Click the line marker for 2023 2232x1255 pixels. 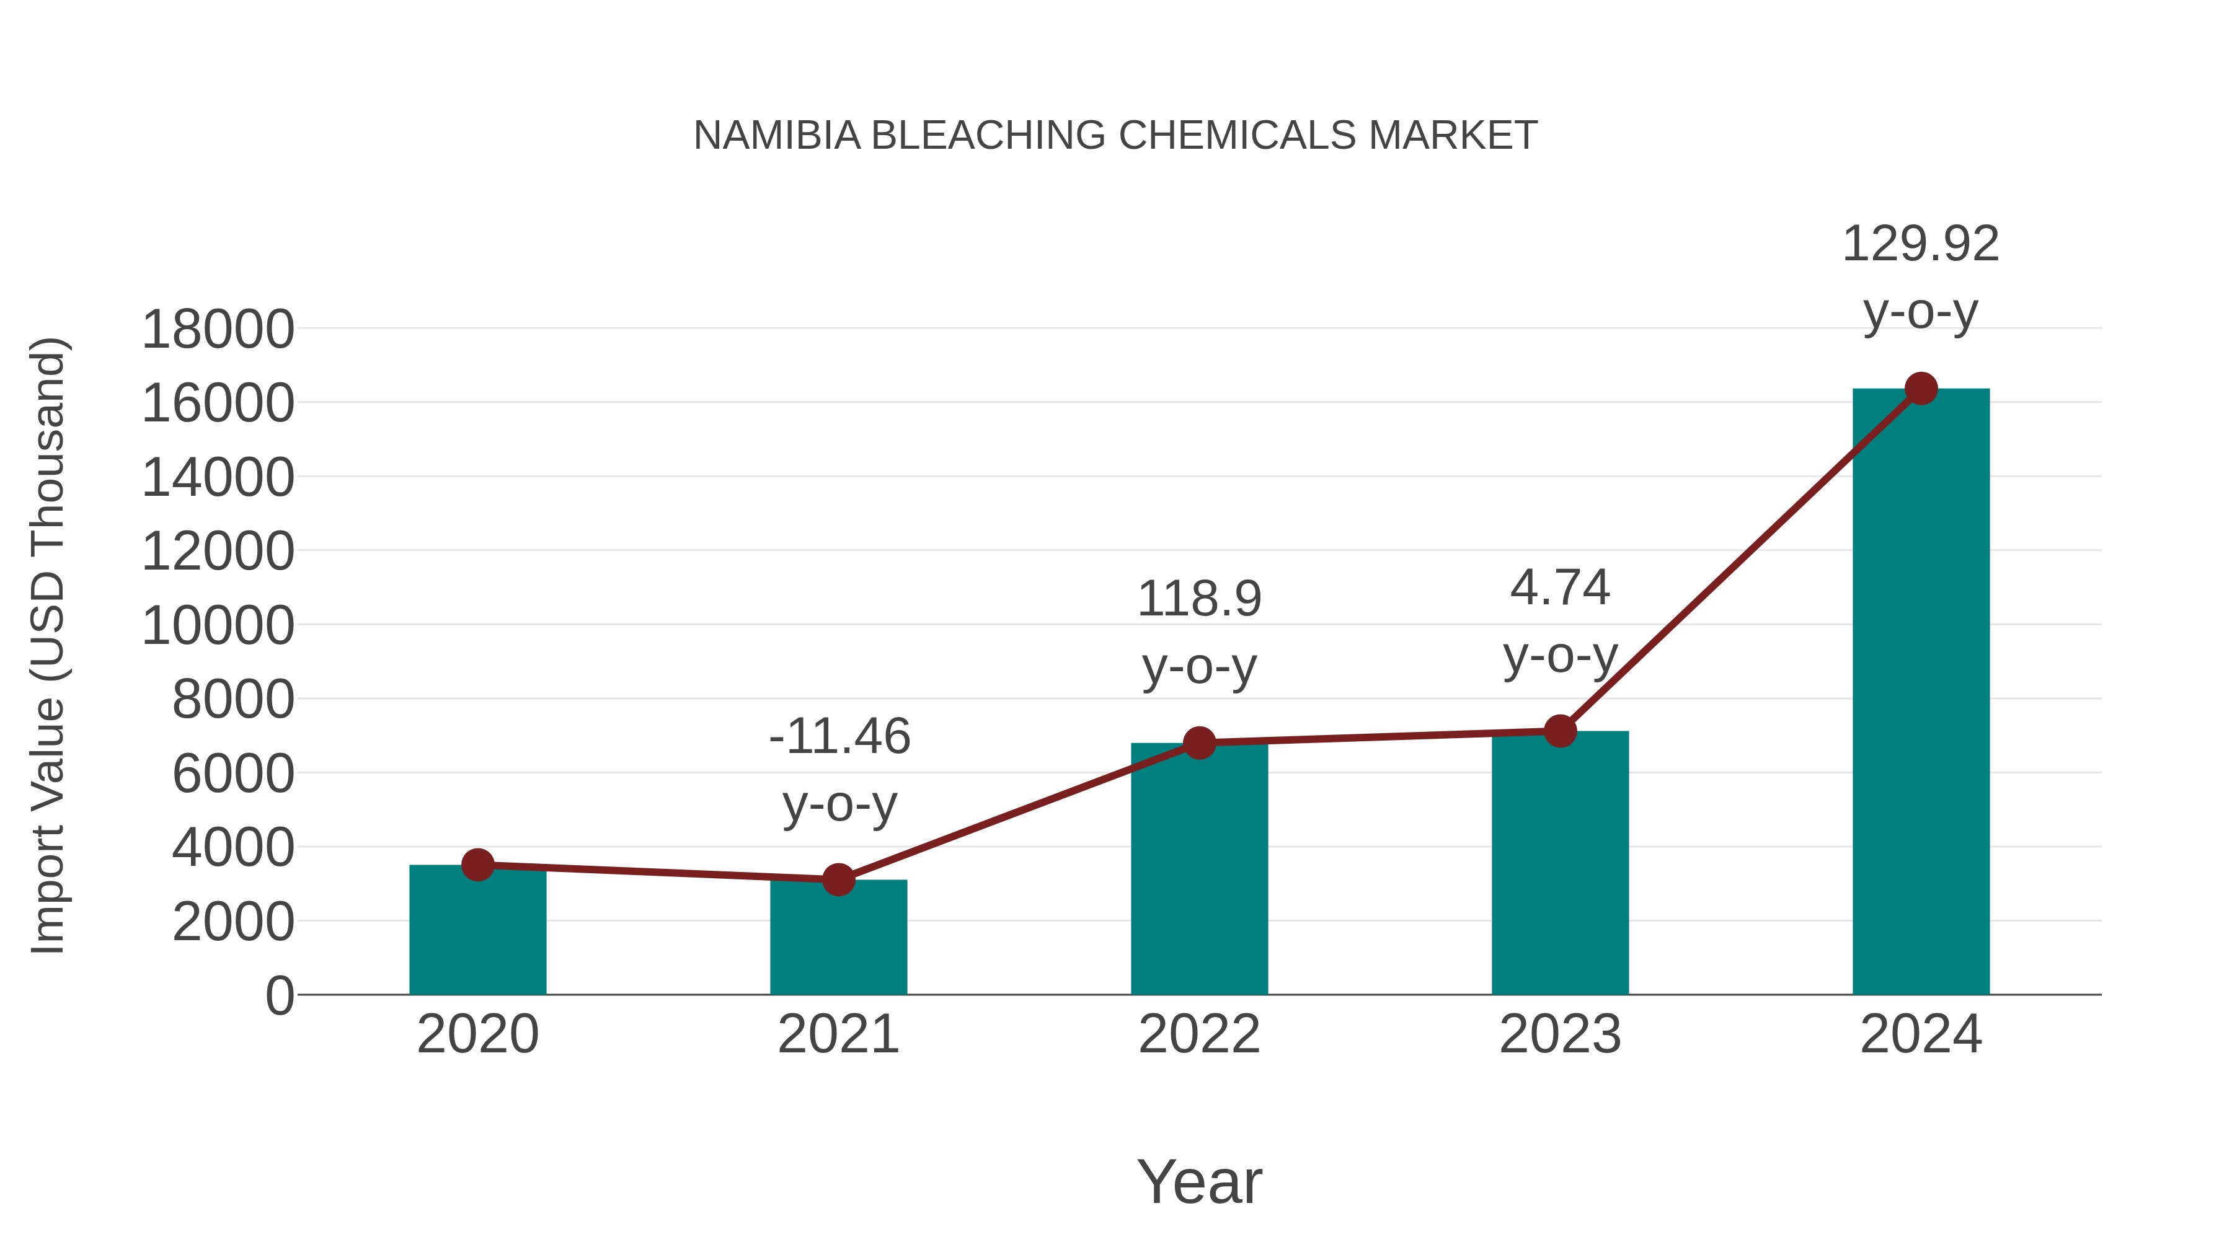pyautogui.click(x=1560, y=731)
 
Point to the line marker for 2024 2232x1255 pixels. pyautogui.click(x=1921, y=389)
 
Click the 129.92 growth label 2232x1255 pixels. pyautogui.click(x=1920, y=244)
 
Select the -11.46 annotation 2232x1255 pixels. pyautogui.click(x=839, y=737)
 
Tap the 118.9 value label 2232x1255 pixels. pyautogui.click(x=1199, y=599)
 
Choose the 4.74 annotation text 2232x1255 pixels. pyautogui.click(x=1560, y=588)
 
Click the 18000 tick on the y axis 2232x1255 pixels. pyautogui.click(x=218, y=330)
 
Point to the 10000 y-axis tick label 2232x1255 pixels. pyautogui.click(x=218, y=626)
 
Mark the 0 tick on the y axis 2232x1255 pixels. pyautogui.click(x=279, y=996)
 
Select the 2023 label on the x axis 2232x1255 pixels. pyautogui.click(x=1560, y=1034)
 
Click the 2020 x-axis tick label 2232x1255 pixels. pyautogui.click(x=477, y=1034)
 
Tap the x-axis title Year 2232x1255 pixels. pyautogui.click(x=1199, y=1182)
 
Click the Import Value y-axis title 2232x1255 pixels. pyautogui.click(x=48, y=645)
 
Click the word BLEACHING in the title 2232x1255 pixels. pyautogui.click(x=988, y=136)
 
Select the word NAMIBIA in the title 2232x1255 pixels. pyautogui.click(x=777, y=136)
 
